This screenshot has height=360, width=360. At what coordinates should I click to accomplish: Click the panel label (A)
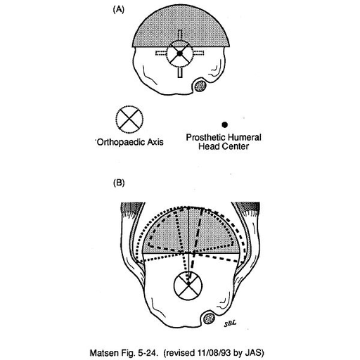(x=119, y=10)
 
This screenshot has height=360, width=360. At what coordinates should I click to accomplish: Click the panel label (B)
(x=119, y=183)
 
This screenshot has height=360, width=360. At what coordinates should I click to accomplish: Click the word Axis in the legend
(x=155, y=142)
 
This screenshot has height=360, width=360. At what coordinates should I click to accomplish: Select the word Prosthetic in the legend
(x=202, y=137)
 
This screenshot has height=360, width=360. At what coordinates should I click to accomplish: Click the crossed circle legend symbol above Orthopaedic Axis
(x=129, y=119)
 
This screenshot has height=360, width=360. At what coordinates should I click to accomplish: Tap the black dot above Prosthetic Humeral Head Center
(x=224, y=124)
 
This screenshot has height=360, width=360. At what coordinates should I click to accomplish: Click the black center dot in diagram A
(x=179, y=53)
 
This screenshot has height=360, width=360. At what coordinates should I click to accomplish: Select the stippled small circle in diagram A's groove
(x=200, y=86)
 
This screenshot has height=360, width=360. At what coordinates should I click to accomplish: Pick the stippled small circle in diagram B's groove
(x=209, y=319)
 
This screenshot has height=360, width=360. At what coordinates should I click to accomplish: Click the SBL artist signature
(x=230, y=323)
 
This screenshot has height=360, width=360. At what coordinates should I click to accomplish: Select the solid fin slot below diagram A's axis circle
(x=180, y=72)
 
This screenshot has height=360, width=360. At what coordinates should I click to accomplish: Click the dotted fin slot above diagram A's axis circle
(x=180, y=36)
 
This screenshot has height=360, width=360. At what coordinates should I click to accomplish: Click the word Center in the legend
(x=236, y=146)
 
